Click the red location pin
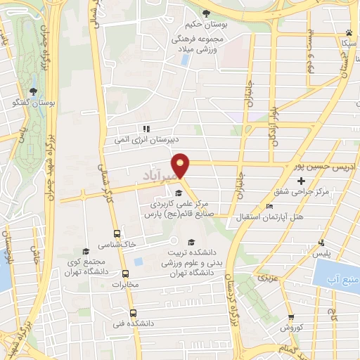pyautogui.click(x=181, y=165)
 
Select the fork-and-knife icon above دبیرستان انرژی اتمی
pyautogui.click(x=146, y=129)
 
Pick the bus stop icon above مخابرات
pyautogui.click(x=126, y=274)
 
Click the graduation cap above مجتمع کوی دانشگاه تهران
pyautogui.click(x=86, y=252)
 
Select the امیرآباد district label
pyautogui.click(x=156, y=176)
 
